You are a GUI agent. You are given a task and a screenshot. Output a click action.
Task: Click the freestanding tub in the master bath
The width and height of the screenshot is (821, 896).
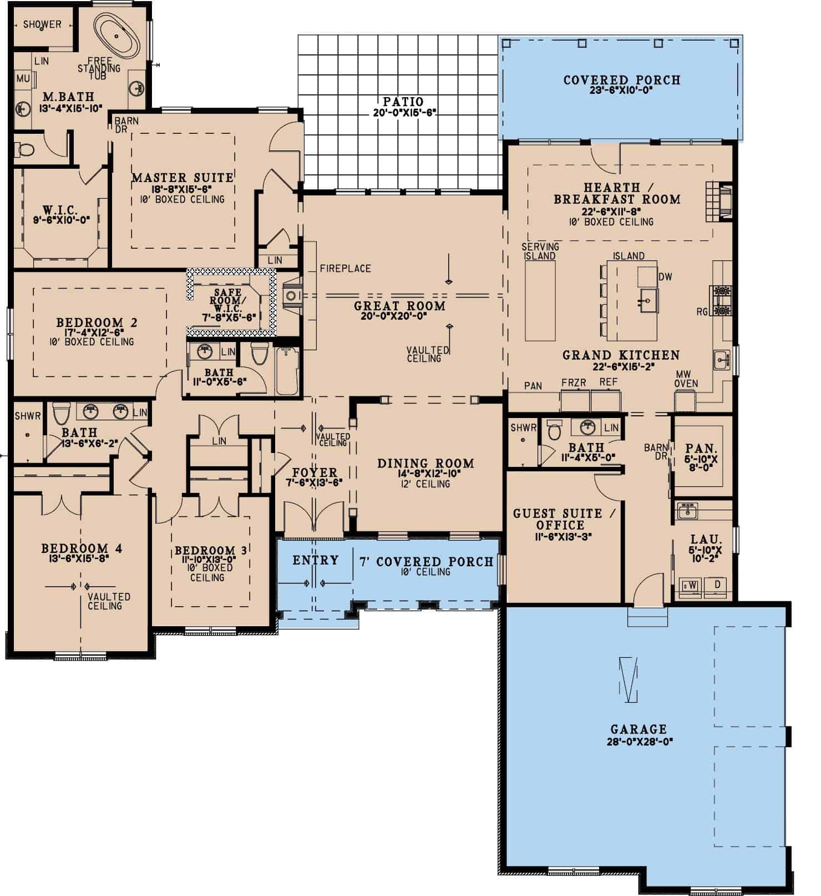click(x=116, y=35)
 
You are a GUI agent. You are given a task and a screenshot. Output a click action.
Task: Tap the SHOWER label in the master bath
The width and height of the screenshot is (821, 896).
click(x=42, y=24)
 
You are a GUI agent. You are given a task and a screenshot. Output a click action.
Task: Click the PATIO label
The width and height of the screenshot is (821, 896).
click(x=403, y=102)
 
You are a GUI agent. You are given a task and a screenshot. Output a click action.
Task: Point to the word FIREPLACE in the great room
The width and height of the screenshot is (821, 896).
click(x=345, y=269)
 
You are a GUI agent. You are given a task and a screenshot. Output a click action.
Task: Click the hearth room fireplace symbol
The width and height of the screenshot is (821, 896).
click(x=719, y=201)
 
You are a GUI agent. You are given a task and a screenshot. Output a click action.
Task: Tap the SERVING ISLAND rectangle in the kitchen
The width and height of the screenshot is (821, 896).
click(x=540, y=300)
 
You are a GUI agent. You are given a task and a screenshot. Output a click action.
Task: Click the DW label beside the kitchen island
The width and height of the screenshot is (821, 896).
click(x=665, y=276)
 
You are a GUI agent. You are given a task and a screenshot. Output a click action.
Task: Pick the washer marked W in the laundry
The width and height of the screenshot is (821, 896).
click(x=692, y=586)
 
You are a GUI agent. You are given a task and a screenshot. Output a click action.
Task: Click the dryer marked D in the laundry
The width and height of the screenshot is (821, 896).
click(x=717, y=586)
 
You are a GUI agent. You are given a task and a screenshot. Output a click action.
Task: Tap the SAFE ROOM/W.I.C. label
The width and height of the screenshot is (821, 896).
click(x=228, y=300)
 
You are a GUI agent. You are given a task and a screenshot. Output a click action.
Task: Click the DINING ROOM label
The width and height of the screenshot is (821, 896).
click(x=425, y=464)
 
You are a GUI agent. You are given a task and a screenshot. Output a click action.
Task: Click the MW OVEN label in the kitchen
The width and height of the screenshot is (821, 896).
click(x=686, y=379)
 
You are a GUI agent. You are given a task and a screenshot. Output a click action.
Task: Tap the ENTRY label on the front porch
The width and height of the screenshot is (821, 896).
click(x=315, y=560)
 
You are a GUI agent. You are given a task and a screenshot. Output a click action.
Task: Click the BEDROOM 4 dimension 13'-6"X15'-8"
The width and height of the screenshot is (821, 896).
click(x=82, y=558)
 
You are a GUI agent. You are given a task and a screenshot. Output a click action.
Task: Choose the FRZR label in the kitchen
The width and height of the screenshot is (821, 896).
click(x=574, y=382)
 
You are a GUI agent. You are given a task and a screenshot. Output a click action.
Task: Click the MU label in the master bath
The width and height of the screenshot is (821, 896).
click(x=23, y=79)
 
